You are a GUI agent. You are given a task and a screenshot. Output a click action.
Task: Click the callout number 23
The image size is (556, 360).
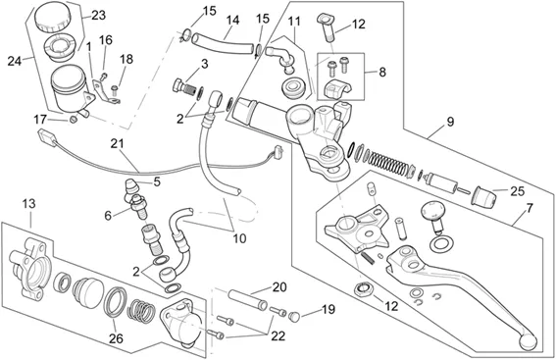click(99, 16)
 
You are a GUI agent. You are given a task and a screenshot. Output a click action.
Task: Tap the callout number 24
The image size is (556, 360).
click(15, 61)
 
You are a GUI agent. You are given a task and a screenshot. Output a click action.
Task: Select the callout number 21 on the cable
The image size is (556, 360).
click(118, 143)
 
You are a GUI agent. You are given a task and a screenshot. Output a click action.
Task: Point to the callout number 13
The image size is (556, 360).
click(29, 204)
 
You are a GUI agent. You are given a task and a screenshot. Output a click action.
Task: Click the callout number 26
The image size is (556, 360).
click(116, 338)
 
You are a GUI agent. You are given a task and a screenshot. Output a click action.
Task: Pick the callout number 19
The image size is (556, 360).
click(329, 309)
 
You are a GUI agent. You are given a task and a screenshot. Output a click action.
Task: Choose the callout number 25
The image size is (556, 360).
click(518, 191)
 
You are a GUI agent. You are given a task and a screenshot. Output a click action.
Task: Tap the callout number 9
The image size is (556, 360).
click(450, 122)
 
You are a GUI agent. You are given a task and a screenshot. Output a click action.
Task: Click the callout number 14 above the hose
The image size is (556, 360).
click(232, 20)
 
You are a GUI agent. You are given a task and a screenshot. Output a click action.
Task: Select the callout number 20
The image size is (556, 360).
click(279, 287)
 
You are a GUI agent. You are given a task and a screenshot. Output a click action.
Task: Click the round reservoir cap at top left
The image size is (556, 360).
click(52, 17)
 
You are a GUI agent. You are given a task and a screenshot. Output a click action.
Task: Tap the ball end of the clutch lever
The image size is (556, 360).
click(528, 341)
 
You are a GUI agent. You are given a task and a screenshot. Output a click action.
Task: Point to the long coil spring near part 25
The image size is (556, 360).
click(387, 162)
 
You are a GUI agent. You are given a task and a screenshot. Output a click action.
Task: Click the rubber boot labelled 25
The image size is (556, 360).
click(481, 196)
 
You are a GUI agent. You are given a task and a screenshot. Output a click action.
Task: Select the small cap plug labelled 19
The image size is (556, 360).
click(295, 316)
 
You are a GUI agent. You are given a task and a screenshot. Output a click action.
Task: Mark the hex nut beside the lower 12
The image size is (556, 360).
click(363, 288)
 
